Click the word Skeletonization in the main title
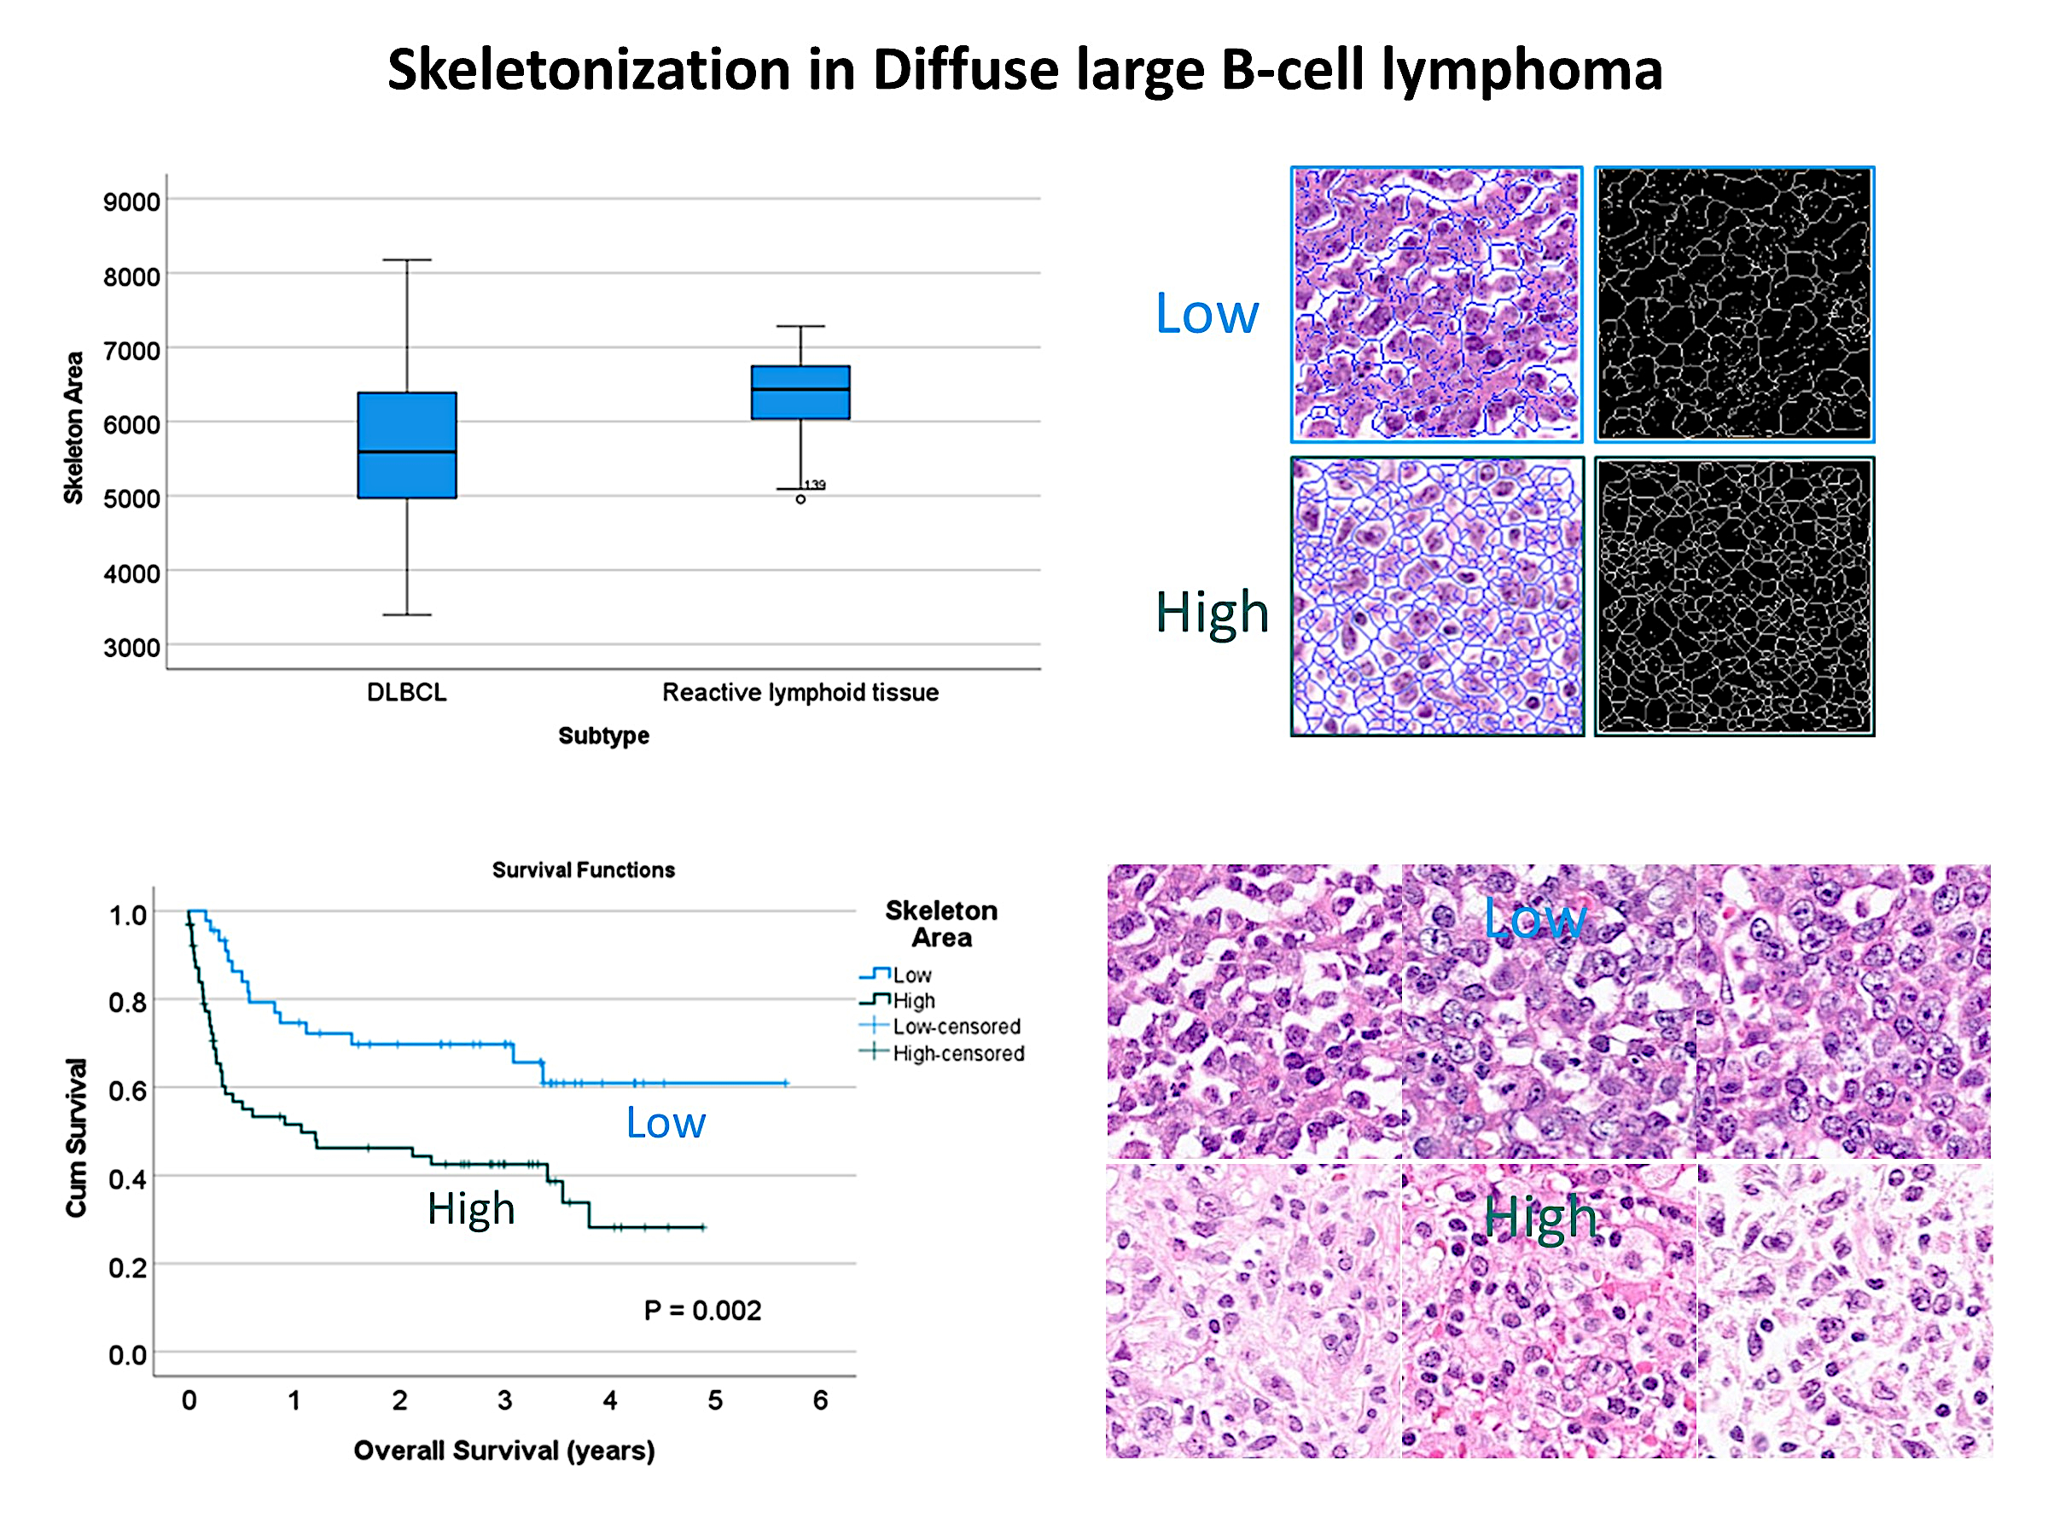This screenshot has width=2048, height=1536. click(x=589, y=69)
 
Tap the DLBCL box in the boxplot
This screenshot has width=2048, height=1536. click(x=407, y=445)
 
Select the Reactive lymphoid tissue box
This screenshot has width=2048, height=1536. click(x=801, y=393)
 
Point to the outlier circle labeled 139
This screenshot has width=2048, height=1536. click(x=801, y=499)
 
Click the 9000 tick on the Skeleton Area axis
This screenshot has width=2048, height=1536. click(x=131, y=202)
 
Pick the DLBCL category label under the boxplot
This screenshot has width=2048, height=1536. click(x=406, y=693)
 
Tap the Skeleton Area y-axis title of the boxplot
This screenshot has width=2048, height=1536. click(x=74, y=428)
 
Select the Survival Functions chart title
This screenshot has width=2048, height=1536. click(x=584, y=870)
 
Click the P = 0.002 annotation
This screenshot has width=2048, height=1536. click(x=703, y=1310)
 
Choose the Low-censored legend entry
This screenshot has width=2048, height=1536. click(x=941, y=1026)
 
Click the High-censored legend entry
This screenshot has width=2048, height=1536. click(x=943, y=1053)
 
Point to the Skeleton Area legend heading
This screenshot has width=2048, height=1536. click(x=941, y=924)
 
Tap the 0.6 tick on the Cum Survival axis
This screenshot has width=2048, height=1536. click(x=128, y=1090)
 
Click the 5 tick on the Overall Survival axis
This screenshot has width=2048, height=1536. click(x=715, y=1400)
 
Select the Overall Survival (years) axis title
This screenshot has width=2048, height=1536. click(x=504, y=1450)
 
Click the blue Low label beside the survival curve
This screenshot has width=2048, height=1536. click(x=666, y=1122)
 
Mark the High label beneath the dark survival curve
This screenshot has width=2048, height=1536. click(x=471, y=1209)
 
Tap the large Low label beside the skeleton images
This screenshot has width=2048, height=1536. click(x=1207, y=313)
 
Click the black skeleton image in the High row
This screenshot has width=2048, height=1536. click(x=1734, y=596)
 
